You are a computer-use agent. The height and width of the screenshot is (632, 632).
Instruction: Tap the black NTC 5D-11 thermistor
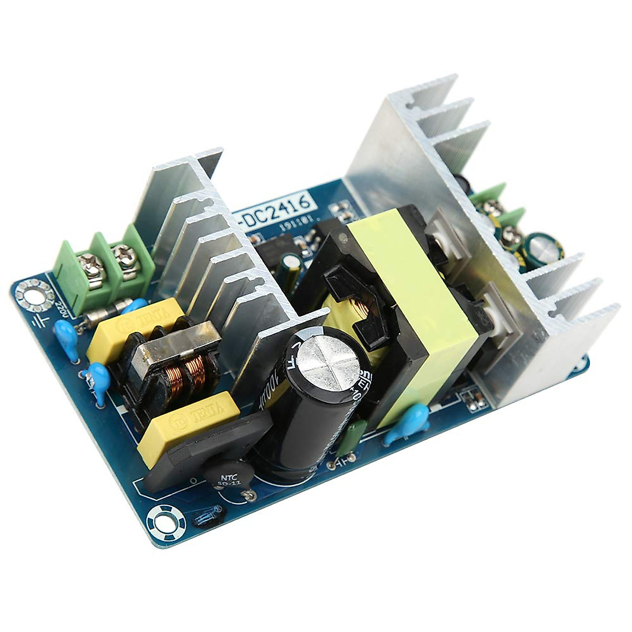228,475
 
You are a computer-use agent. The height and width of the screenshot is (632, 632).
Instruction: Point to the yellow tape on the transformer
416,305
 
